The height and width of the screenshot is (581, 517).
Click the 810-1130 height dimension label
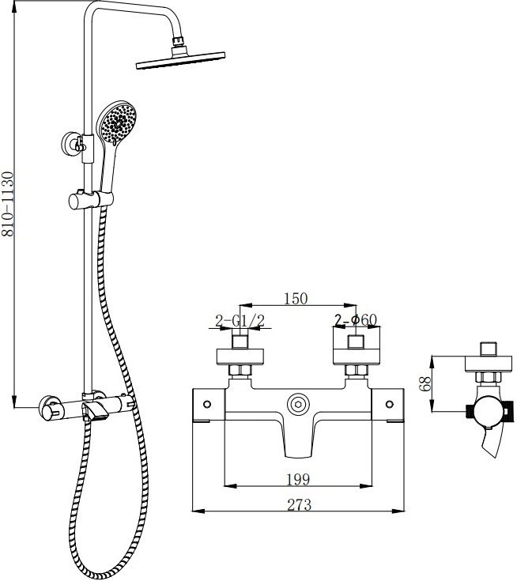click(7, 203)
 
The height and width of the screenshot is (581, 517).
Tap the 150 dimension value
click(296, 298)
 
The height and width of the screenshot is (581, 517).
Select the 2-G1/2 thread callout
click(240, 321)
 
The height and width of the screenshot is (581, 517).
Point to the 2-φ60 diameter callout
click(356, 320)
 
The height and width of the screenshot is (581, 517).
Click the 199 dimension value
click(298, 480)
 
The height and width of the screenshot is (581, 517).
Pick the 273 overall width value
click(300, 504)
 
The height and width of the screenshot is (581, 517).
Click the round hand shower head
click(117, 123)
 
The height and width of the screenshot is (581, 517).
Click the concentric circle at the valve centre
click(298, 404)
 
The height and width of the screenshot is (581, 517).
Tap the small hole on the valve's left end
click(207, 404)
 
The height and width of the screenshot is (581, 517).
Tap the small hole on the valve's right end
click(390, 404)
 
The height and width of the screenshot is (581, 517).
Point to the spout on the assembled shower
click(95, 412)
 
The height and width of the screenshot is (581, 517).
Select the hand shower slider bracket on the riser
click(91, 200)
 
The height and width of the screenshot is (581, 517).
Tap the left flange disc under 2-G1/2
click(240, 357)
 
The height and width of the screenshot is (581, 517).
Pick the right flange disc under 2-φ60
click(357, 357)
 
